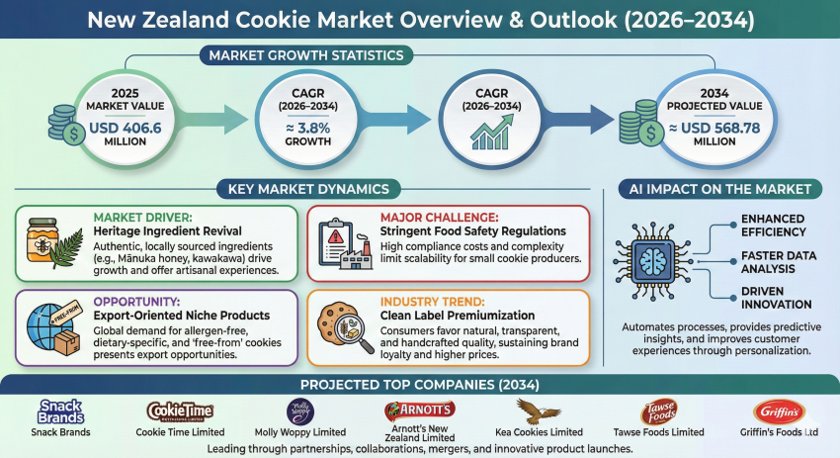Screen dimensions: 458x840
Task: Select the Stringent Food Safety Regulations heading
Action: point(465,230)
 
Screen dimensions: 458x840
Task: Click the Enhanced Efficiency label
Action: point(765,224)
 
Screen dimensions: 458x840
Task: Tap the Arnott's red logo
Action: point(420,409)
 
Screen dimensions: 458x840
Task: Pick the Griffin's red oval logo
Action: point(771,411)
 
